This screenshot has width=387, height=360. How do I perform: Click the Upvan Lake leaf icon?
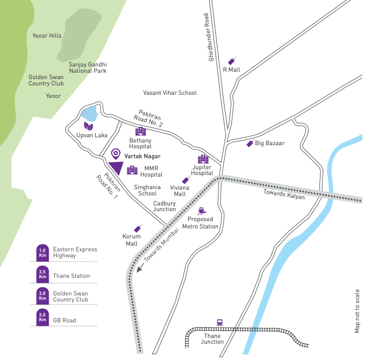pyautogui.click(x=89, y=126)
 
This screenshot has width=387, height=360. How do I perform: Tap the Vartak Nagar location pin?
pyautogui.click(x=116, y=154)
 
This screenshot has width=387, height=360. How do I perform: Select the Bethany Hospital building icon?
pyautogui.click(x=140, y=131)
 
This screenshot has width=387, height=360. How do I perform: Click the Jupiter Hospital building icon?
pyautogui.click(x=203, y=159)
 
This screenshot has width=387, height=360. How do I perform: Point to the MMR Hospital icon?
pyautogui.click(x=132, y=170)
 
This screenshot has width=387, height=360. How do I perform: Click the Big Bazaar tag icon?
pyautogui.click(x=250, y=143)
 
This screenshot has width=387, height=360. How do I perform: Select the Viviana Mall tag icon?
pyautogui.click(x=185, y=180)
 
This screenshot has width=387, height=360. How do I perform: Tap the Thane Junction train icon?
pyautogui.click(x=219, y=323)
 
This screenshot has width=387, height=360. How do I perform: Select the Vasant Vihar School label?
pyautogui.click(x=170, y=93)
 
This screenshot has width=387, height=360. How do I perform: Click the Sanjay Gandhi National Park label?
pyautogui.click(x=87, y=67)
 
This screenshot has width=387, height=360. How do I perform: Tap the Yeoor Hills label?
pyautogui.click(x=47, y=36)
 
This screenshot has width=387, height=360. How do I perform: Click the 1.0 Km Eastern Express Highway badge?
pyautogui.click(x=42, y=253)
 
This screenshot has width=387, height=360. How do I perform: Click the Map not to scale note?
pyautogui.click(x=358, y=311)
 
